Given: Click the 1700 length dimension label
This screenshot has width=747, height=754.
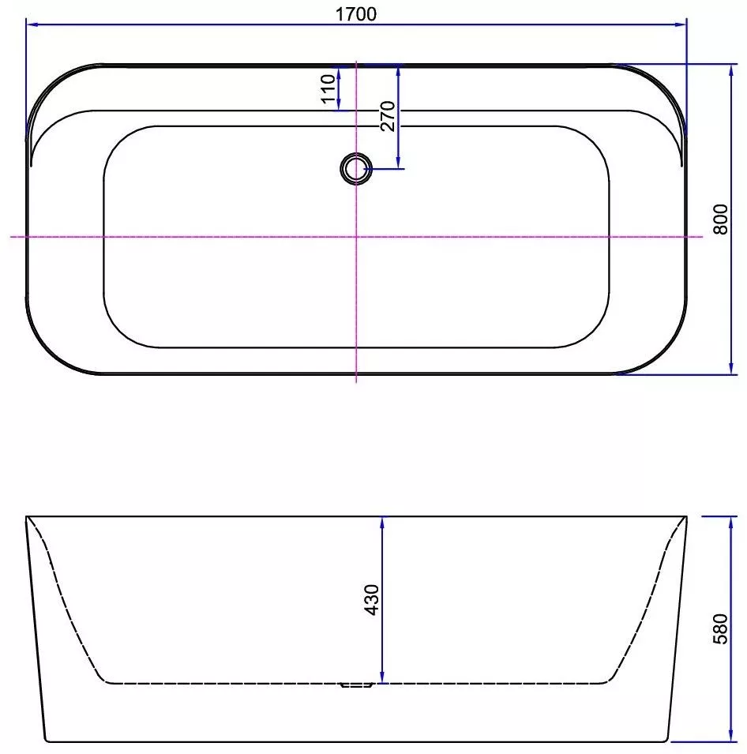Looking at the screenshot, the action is (355, 14).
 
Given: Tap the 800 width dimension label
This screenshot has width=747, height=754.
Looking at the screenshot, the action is (720, 219).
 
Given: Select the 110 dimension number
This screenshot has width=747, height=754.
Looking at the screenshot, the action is (328, 89).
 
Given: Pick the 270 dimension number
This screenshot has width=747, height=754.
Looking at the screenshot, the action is (388, 116).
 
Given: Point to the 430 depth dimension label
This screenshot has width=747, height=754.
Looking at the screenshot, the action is (372, 599).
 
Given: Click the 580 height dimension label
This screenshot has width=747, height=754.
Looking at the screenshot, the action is (720, 629).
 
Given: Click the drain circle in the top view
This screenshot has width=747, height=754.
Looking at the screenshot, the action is (356, 169).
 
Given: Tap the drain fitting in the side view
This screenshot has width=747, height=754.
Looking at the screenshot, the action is (356, 685).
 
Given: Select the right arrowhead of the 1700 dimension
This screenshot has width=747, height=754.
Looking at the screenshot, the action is (681, 24).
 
